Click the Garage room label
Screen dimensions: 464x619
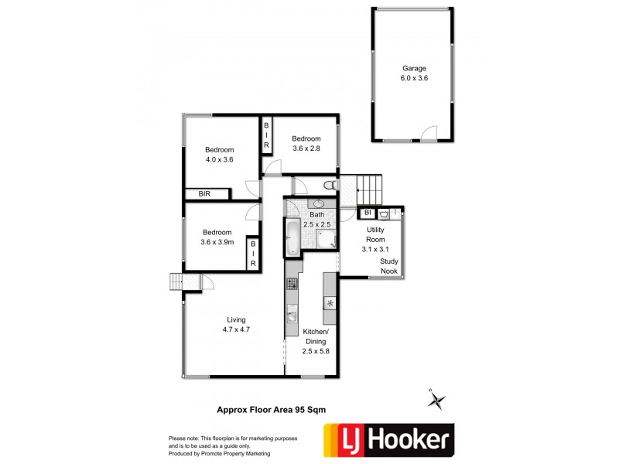click(414, 68)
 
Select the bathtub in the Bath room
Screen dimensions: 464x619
click(292, 238)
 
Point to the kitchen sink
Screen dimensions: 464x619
click(292, 314)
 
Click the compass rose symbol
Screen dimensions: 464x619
click(437, 400)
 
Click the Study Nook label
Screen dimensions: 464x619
click(389, 266)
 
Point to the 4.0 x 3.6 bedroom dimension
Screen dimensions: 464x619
click(219, 159)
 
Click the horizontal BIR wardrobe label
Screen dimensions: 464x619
click(205, 194)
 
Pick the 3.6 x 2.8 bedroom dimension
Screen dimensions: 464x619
click(306, 148)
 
